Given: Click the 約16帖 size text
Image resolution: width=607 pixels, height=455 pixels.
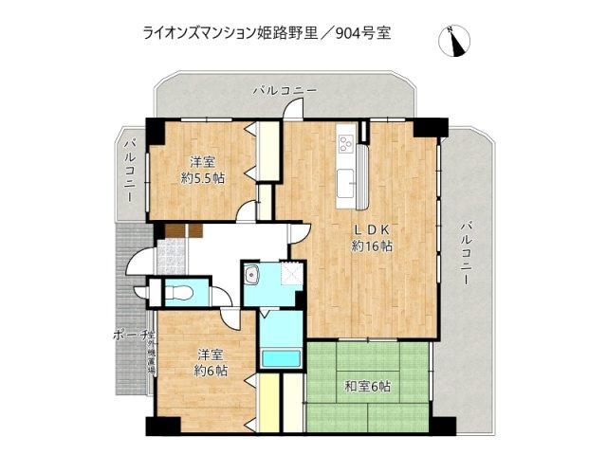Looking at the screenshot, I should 373,246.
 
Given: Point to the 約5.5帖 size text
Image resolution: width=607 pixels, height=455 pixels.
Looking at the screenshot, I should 203,177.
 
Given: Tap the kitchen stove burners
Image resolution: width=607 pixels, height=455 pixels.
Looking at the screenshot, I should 345,145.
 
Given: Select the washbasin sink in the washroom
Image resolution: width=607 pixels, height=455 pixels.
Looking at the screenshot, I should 252,277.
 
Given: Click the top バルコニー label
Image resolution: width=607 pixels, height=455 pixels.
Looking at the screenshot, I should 285,90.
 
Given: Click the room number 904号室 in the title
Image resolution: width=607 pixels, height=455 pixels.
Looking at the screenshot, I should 359,32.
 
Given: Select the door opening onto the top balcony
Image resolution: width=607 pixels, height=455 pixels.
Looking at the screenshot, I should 292,111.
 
